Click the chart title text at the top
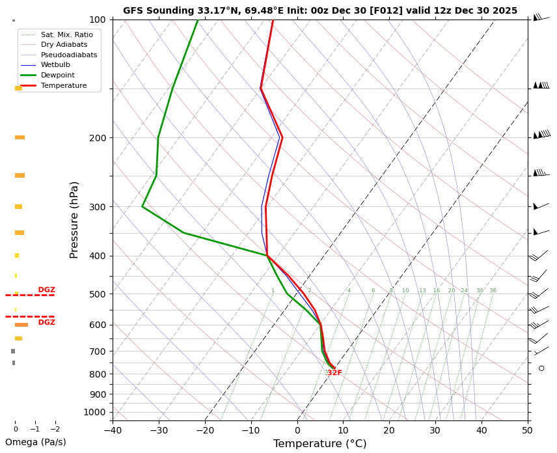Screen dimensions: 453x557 coord(320,10)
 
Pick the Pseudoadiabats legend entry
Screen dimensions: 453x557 coord(68,55)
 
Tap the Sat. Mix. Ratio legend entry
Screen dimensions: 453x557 coord(66,34)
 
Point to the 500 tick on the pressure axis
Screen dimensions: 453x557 coord(98,294)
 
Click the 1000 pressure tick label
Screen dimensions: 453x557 coord(95,412)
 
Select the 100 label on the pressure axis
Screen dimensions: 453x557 coord(98,20)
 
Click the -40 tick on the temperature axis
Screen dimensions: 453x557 coord(113,430)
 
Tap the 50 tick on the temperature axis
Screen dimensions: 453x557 coord(527,430)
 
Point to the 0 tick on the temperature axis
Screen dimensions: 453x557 coord(297,430)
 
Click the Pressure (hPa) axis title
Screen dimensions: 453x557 coord(74,219)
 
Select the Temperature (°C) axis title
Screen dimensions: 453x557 coord(319,444)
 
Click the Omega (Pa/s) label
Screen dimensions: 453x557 coord(36,442)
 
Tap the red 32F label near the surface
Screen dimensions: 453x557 coord(334,373)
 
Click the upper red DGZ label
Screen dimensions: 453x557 coord(46,290)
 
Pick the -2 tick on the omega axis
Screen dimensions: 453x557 coord(55,430)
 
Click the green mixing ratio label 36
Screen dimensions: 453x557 coord(493,291)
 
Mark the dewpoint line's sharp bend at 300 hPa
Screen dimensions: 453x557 coord(143,206)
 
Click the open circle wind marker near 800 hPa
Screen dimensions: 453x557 coord(541,368)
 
